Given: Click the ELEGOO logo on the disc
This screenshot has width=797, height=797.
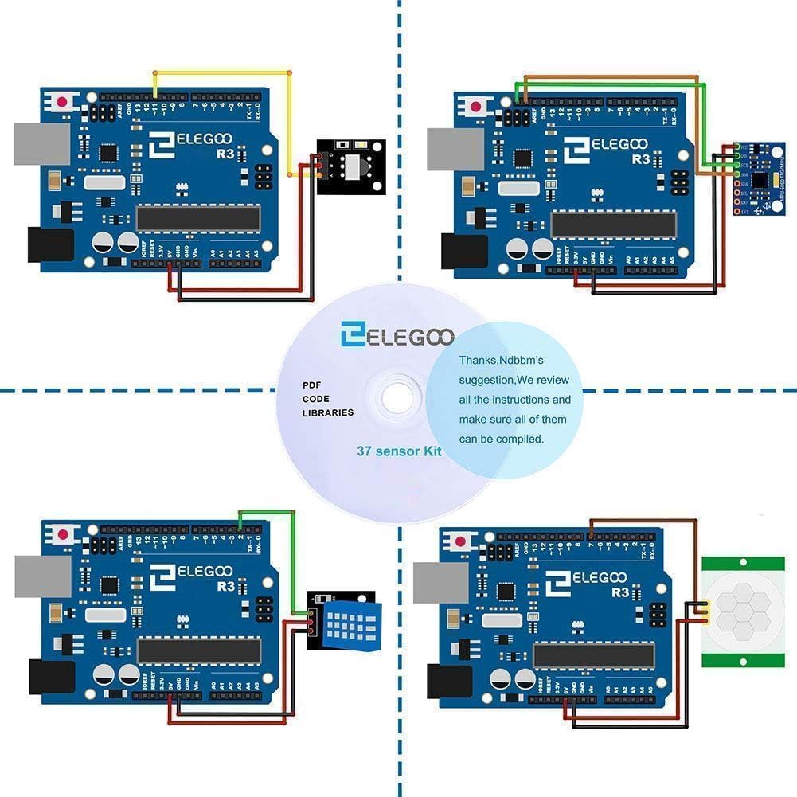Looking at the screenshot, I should [397, 335].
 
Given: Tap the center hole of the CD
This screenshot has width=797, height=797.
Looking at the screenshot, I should [398, 397].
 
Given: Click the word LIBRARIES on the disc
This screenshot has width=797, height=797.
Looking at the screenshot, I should [327, 413].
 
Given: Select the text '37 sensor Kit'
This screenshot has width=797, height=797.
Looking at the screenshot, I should [399, 451].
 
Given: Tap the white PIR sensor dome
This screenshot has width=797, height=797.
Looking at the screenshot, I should [740, 611].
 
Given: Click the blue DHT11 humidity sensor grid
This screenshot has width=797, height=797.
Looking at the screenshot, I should [348, 623].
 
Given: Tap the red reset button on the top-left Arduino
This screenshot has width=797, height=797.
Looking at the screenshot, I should [63, 101].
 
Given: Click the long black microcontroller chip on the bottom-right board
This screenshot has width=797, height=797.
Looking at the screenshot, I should [593, 655].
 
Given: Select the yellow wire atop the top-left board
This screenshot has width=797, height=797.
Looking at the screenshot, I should [223, 72].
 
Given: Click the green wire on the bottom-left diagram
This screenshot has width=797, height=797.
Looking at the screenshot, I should [268, 512].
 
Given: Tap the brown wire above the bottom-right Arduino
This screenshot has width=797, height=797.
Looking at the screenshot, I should [645, 520].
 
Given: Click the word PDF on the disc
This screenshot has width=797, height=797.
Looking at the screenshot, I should [311, 385].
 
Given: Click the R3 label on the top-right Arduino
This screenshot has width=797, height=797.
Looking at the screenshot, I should [642, 159].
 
